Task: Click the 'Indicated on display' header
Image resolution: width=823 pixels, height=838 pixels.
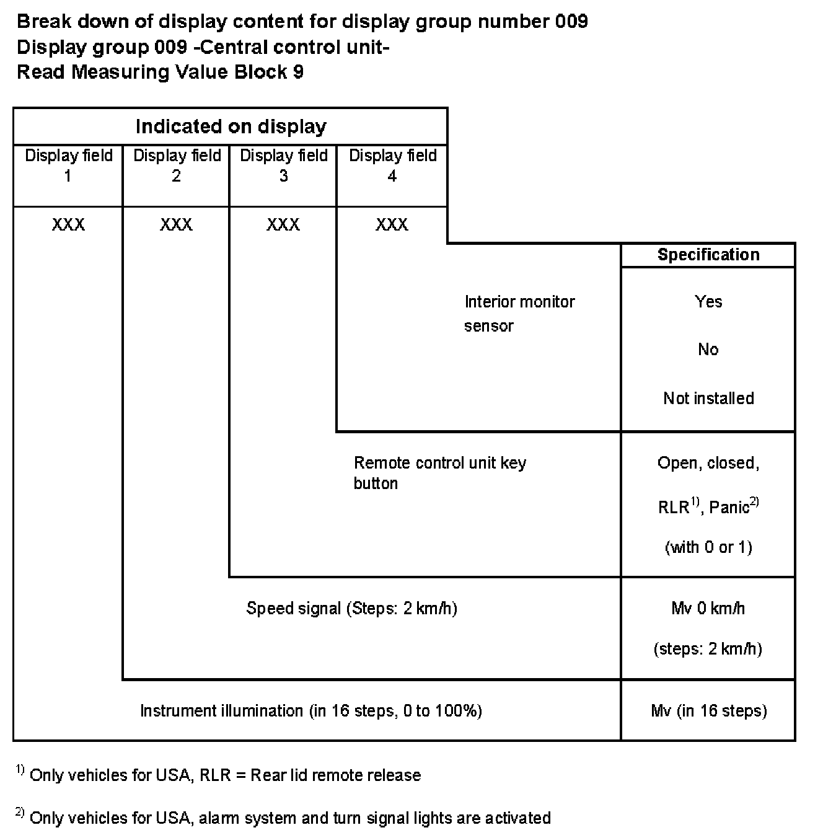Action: click(231, 126)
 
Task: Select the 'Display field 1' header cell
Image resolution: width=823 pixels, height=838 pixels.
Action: click(68, 165)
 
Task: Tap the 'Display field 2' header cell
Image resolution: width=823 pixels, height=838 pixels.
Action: click(177, 165)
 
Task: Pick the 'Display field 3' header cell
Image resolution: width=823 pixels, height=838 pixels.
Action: click(283, 165)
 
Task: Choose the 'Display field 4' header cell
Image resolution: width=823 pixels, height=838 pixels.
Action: click(392, 165)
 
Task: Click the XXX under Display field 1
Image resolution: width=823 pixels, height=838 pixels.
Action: click(68, 224)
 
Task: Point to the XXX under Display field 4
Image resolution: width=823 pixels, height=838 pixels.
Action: click(392, 224)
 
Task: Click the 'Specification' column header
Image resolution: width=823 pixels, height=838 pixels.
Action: click(708, 255)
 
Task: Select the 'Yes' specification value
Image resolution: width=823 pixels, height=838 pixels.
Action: click(708, 302)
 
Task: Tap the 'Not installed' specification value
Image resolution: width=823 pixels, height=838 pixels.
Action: click(708, 398)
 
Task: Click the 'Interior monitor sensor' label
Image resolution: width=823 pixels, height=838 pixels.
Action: click(519, 313)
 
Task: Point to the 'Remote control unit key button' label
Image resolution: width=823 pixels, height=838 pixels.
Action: click(439, 472)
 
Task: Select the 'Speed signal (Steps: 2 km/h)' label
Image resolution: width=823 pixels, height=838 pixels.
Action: click(351, 608)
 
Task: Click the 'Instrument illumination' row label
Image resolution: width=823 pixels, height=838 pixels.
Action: click(310, 710)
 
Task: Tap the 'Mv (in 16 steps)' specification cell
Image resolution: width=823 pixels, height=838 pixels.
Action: click(708, 710)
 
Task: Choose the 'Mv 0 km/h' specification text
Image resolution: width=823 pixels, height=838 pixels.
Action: click(708, 608)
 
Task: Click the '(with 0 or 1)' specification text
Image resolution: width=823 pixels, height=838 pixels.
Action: click(708, 547)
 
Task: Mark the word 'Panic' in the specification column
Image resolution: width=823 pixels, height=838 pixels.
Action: click(729, 508)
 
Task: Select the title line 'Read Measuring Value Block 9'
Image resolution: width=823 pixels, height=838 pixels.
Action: click(160, 72)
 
